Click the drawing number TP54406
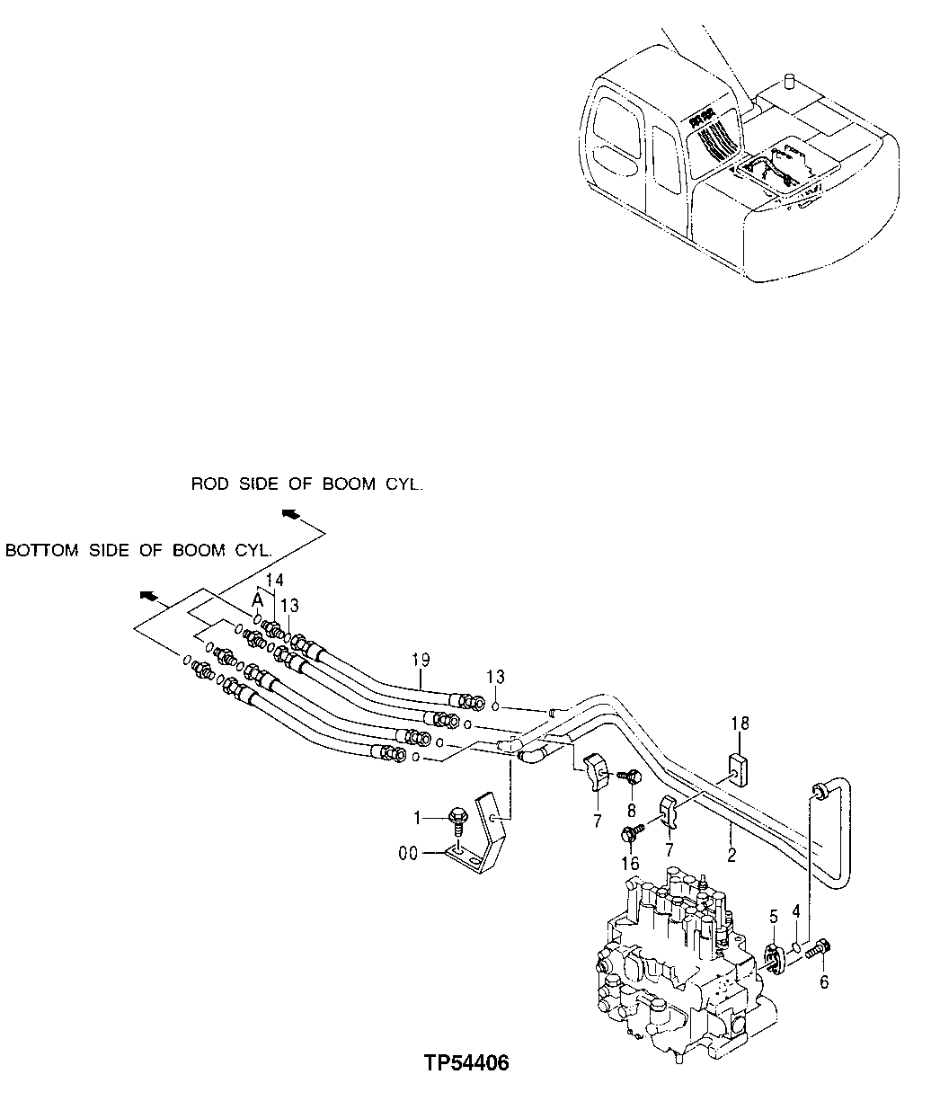466,1063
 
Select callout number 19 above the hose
421,661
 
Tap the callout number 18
740,723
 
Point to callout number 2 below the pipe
732,856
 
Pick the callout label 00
409,853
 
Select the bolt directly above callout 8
630,774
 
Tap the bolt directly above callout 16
629,835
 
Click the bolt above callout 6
821,947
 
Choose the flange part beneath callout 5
773,956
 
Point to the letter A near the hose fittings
256,599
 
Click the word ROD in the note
211,484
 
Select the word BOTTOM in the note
41,550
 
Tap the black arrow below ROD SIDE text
289,513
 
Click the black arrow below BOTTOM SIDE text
148,595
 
